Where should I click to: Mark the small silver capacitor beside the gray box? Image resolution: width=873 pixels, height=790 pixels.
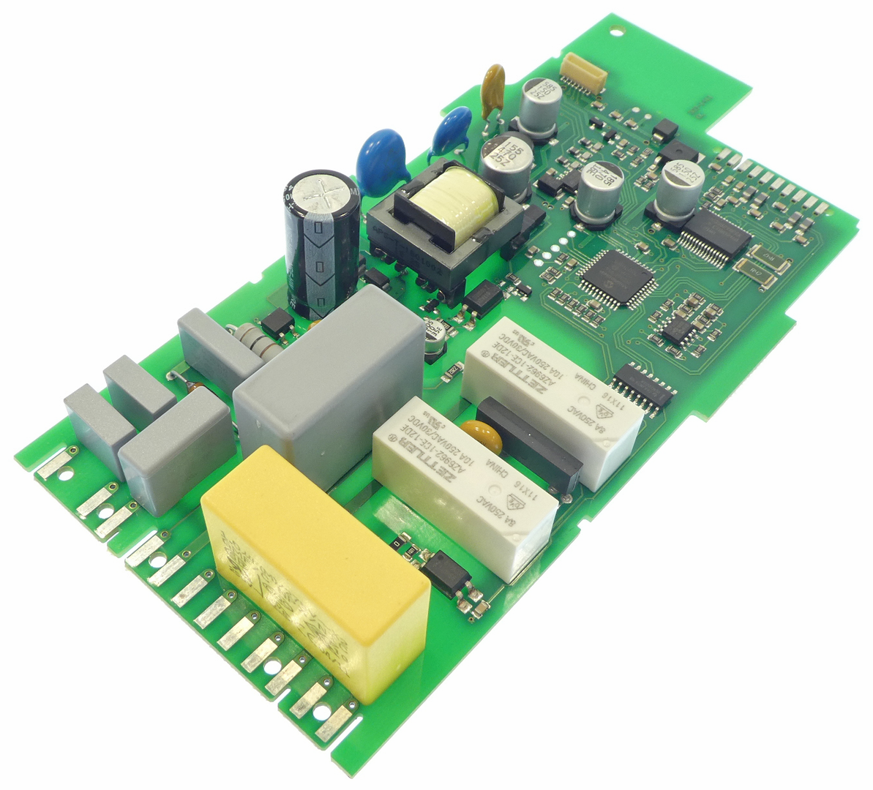(436, 337)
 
